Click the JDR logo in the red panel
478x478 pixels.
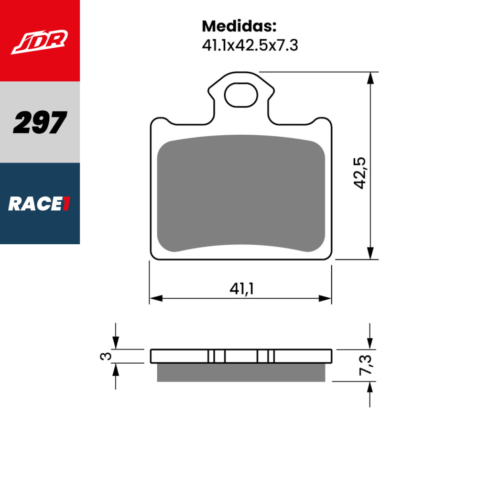[x=40, y=41]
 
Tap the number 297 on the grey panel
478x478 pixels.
[x=40, y=122]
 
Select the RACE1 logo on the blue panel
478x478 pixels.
[x=40, y=204]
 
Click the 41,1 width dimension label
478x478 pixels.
[x=241, y=289]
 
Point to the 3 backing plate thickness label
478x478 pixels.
[x=107, y=356]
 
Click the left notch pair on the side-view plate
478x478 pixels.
[x=216, y=356]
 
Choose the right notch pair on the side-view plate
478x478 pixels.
[x=265, y=356]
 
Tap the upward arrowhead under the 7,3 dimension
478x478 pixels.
[x=370, y=387]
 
